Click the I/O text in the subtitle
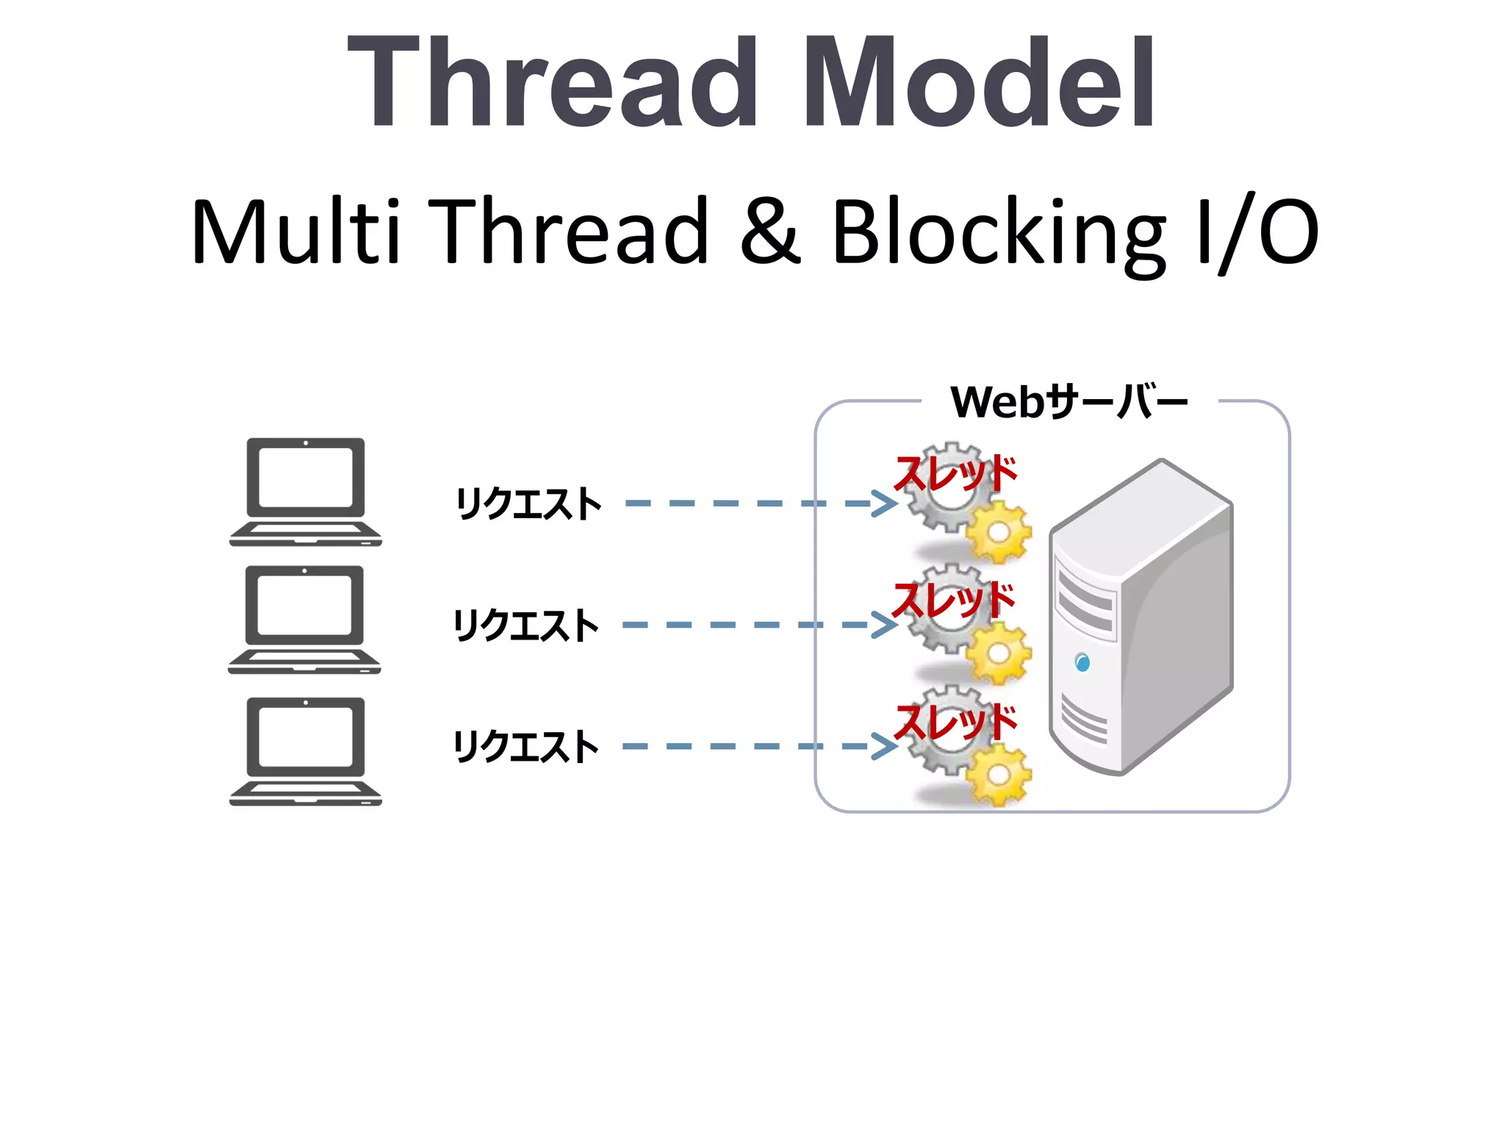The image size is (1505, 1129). (x=1257, y=232)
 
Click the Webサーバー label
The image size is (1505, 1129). (x=1068, y=402)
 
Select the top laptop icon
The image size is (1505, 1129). (x=306, y=491)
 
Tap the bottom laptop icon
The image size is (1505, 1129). (x=306, y=750)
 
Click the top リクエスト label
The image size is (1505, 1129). (x=528, y=504)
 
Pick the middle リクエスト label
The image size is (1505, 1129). (x=526, y=626)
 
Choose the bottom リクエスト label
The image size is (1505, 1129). (x=526, y=747)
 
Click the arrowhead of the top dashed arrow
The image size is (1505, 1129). (x=885, y=503)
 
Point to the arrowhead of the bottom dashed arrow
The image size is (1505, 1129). (x=885, y=746)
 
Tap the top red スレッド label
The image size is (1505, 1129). (x=955, y=473)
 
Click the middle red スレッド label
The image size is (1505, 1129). (x=954, y=600)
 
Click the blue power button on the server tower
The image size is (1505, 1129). (x=1082, y=662)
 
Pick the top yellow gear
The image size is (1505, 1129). (x=998, y=531)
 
